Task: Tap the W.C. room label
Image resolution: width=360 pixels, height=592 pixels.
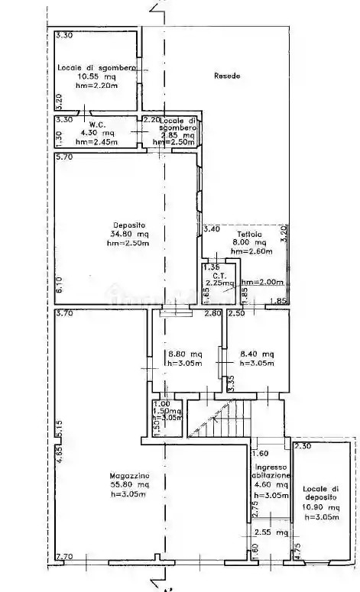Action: tap(96, 125)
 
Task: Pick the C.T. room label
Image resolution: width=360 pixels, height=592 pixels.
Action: tap(218, 275)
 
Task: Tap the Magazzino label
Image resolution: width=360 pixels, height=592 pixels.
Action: tap(107, 476)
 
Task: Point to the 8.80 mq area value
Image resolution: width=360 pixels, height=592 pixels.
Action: tap(185, 354)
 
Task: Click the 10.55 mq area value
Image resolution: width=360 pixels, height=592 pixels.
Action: tap(96, 76)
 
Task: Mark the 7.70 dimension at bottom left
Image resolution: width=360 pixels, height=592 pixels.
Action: tap(63, 558)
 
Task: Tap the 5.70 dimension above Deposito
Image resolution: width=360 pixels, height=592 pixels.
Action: tap(63, 157)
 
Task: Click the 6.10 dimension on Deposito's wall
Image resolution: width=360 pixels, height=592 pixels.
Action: tap(59, 288)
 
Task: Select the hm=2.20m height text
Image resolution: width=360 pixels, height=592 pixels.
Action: tap(96, 86)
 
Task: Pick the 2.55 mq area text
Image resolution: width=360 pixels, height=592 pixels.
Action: tap(271, 532)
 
